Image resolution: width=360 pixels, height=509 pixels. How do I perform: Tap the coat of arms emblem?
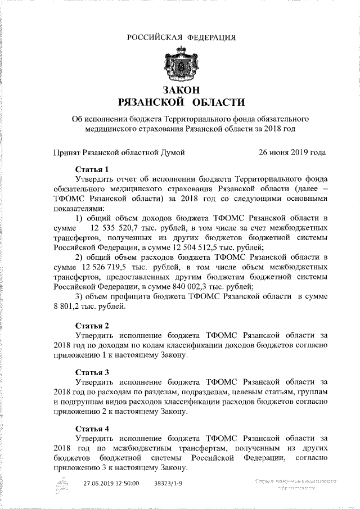coord(180,66)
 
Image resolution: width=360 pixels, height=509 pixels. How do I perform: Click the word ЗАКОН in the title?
coord(181,90)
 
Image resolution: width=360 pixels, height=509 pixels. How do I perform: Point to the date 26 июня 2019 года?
coord(291,152)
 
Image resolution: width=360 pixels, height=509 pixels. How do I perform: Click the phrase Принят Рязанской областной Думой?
coord(118,152)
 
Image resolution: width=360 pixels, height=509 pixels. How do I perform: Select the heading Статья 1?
coord(92,169)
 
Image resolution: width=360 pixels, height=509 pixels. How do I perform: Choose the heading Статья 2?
coord(92,326)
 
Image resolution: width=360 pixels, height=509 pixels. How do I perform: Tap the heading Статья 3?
coord(92,372)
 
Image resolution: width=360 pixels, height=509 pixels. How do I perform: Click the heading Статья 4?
coord(92,428)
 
